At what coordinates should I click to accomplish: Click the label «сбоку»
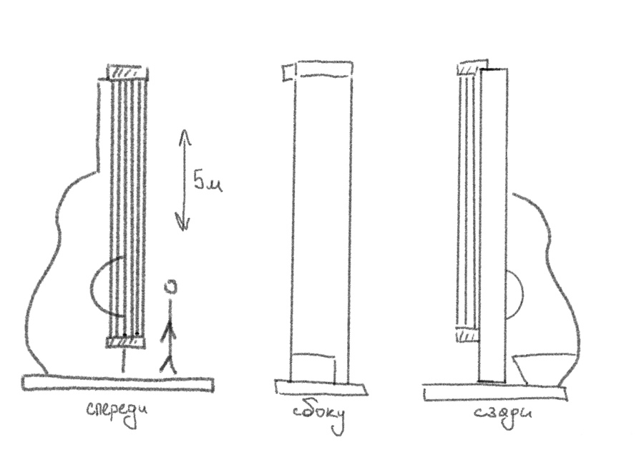(x=319, y=416)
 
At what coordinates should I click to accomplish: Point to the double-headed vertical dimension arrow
(x=183, y=180)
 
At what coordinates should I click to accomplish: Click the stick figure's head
(x=170, y=287)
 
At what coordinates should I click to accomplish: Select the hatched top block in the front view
(x=127, y=72)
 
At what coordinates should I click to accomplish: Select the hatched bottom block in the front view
(x=126, y=343)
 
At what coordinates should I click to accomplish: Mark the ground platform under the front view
(x=117, y=383)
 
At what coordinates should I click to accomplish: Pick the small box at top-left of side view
(x=288, y=72)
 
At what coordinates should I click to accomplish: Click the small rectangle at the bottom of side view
(x=314, y=368)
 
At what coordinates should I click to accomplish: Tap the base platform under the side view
(x=320, y=388)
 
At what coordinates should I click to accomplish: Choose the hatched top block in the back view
(x=468, y=69)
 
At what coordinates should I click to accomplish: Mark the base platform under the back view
(x=494, y=393)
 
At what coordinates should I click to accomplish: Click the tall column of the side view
(x=322, y=215)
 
